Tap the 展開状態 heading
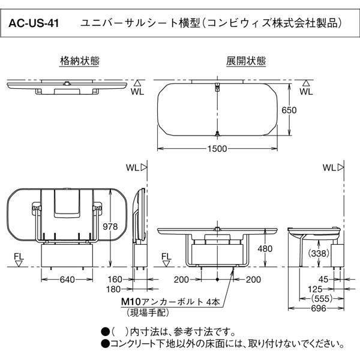pos(238,61)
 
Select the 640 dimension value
pos(67,279)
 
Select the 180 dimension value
pos(115,289)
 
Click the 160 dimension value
pos(115,279)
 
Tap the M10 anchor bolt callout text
pos(170,302)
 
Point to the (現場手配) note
pos(147,312)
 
